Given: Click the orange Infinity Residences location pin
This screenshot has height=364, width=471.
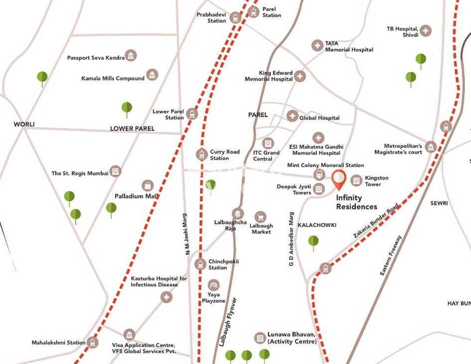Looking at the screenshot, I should [338, 179].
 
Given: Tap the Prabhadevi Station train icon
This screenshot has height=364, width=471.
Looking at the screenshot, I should [236, 18].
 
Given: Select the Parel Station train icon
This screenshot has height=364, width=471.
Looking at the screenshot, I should [253, 12].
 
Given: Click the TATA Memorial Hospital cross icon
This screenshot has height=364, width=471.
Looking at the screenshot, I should [316, 46].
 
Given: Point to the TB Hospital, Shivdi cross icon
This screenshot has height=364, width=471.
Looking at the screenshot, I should [425, 31].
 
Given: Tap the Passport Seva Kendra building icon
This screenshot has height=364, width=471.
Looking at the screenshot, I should [131, 55].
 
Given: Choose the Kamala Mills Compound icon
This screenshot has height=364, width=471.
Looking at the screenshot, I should [153, 75].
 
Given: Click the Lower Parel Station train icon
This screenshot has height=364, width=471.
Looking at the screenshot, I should [192, 114].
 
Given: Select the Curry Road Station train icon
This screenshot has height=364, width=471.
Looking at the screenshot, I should [201, 154].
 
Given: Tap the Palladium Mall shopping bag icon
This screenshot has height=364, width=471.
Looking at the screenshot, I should [148, 186].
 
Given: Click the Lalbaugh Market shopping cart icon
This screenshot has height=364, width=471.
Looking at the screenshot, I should [260, 217].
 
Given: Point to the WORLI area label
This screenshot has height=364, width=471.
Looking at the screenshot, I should [24, 124].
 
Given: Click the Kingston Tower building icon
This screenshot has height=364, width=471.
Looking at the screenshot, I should [356, 180].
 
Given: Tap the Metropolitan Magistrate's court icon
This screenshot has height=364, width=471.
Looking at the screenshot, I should [431, 146].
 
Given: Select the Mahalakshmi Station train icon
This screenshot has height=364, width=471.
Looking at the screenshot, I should [93, 342].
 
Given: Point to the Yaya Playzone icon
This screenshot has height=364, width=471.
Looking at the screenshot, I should [213, 285].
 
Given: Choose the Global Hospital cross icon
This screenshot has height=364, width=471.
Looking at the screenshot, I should [292, 116].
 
